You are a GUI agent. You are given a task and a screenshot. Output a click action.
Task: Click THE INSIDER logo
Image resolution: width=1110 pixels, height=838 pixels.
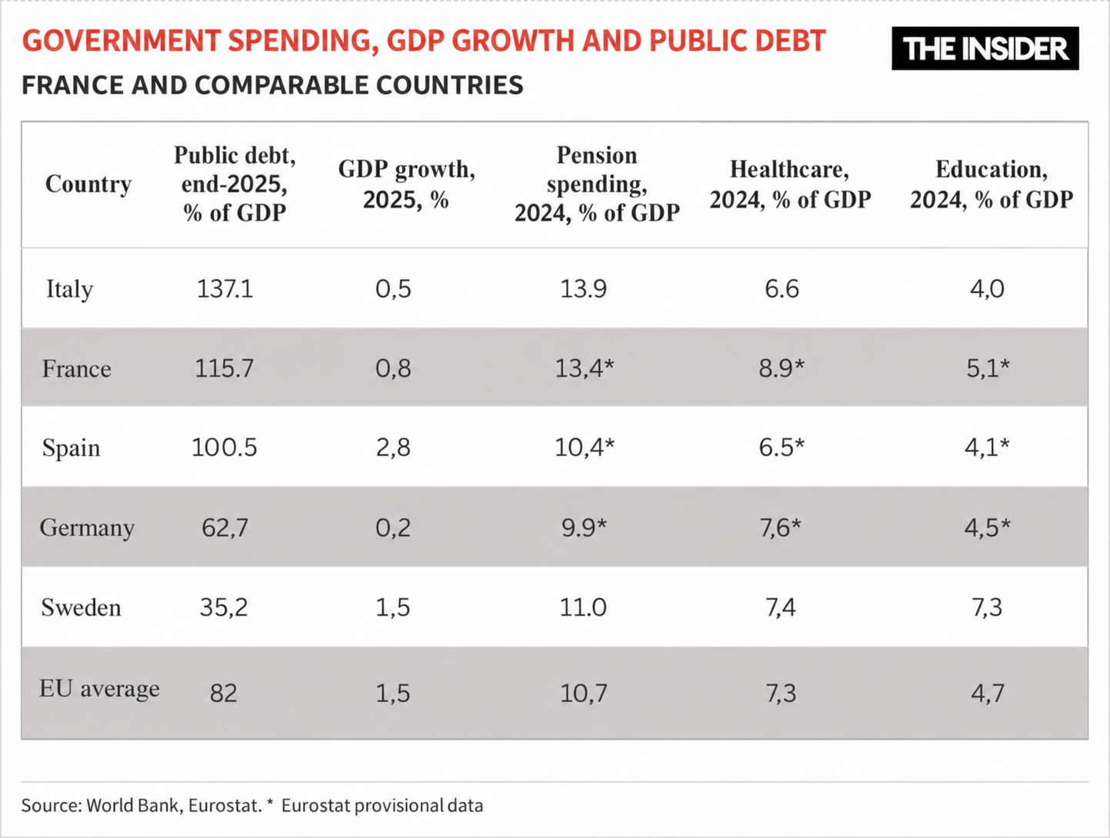pyautogui.click(x=985, y=48)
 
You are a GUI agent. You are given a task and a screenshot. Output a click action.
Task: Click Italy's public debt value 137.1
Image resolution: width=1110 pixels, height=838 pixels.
pyautogui.click(x=225, y=289)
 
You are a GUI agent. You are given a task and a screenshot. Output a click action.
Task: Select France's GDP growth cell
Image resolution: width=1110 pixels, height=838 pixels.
pyautogui.click(x=393, y=368)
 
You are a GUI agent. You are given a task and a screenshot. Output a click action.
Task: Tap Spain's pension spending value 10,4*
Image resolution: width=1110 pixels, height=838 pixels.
pyautogui.click(x=584, y=447)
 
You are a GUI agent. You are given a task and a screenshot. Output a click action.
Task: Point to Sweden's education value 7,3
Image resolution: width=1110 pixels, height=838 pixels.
pyautogui.click(x=987, y=607)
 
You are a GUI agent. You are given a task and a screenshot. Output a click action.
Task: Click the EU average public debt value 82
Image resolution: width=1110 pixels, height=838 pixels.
pyautogui.click(x=224, y=693)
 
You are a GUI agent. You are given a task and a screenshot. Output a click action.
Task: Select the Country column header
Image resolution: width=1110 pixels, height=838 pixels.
pyautogui.click(x=88, y=184)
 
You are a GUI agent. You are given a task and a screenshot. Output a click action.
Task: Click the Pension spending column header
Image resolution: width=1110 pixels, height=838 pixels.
pyautogui.click(x=597, y=184)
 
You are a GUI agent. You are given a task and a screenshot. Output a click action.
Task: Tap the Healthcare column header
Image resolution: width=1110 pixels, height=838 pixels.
pyautogui.click(x=790, y=184)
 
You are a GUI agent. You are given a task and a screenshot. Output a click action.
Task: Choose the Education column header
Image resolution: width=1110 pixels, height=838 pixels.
pyautogui.click(x=992, y=184)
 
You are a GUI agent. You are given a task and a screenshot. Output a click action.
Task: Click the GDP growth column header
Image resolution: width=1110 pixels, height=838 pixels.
pyautogui.click(x=407, y=184)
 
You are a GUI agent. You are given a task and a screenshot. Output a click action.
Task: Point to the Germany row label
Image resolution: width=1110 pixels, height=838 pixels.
pyautogui.click(x=87, y=528)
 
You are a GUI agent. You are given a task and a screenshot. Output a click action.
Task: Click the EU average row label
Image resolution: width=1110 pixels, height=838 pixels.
pyautogui.click(x=100, y=689)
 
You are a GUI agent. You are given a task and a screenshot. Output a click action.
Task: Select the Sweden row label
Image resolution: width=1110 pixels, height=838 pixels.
pyautogui.click(x=81, y=607)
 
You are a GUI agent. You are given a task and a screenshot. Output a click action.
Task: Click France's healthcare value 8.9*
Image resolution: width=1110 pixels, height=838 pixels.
pyautogui.click(x=782, y=368)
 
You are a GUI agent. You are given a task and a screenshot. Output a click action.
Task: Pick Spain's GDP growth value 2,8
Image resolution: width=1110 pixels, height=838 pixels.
pyautogui.click(x=393, y=447)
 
